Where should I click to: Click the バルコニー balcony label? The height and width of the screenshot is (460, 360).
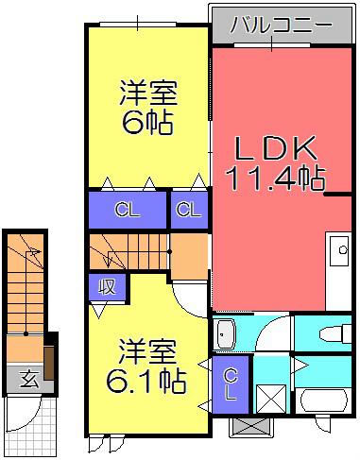pos(282,25)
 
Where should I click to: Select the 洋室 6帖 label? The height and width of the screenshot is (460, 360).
pos(148,107)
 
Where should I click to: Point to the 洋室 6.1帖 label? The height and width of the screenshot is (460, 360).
pos(146,366)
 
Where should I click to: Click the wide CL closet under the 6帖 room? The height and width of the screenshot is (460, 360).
pos(128,210)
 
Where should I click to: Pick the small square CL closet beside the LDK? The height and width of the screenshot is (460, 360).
pos(189,210)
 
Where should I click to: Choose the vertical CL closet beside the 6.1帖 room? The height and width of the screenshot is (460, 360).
pos(231,384)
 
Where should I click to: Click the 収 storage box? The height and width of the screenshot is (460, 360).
pos(107,287)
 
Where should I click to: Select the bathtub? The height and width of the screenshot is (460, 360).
pos(323,400)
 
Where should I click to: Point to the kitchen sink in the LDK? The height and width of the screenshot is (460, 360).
pos(338,250)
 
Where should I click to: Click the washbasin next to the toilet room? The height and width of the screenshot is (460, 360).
pos(224,334)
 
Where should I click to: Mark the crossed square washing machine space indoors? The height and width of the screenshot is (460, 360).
pos(271,399)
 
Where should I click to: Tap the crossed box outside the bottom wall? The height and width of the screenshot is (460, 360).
pos(249,428)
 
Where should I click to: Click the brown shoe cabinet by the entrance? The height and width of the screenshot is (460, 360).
pos(49,363)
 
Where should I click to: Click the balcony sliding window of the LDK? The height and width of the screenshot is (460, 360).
pos(272,44)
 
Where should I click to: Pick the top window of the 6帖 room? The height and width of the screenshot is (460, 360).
pos(138,24)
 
